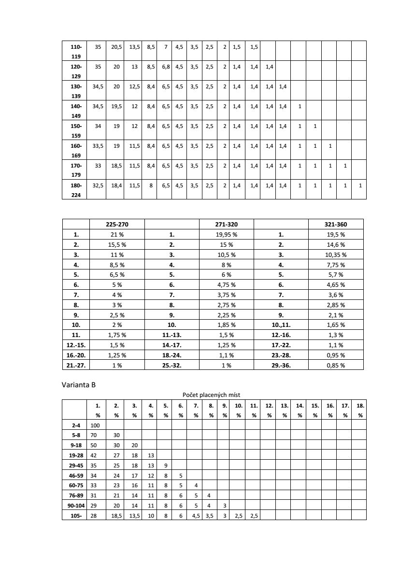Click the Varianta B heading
[79, 385]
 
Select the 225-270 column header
[117, 224]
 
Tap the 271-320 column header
[226, 224]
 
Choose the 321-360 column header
[336, 224]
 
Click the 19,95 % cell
[226, 235]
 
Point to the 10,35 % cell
[336, 254]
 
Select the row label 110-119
[76, 52]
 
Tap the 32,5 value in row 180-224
[98, 185]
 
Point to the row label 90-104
[75, 506]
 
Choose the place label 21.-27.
[76, 365]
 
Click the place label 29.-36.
[281, 365]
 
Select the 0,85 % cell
[336, 365]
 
